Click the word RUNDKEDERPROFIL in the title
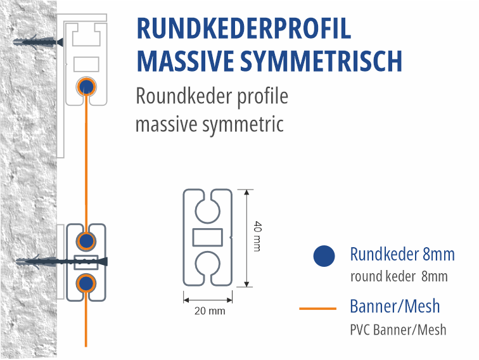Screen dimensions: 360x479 [243, 30]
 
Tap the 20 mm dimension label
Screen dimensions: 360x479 [208, 311]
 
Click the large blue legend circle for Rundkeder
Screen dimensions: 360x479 [324, 256]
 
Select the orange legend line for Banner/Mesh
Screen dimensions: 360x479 [317, 309]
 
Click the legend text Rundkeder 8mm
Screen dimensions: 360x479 [402, 255]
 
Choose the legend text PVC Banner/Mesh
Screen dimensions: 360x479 [398, 330]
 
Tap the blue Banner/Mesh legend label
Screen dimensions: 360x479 [395, 307]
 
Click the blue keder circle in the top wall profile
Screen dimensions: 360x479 [86, 87]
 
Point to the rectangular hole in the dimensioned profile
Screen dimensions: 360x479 [208, 237]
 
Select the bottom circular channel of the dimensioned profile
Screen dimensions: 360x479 [208, 265]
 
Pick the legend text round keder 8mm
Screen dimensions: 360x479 [399, 276]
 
